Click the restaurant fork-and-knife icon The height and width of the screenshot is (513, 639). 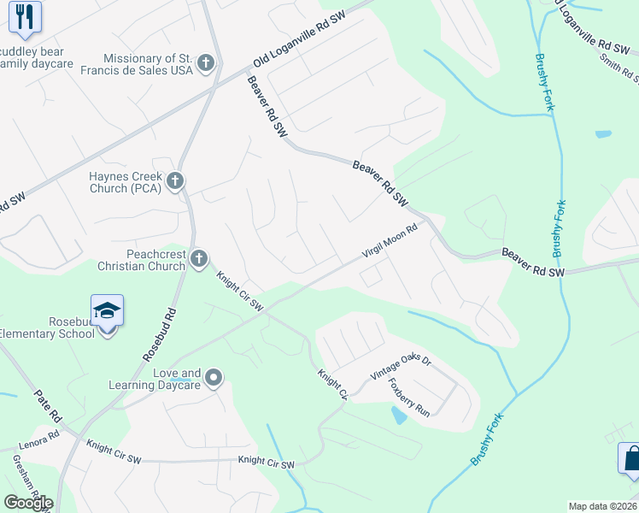25,16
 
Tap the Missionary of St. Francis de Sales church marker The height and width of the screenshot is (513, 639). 205,63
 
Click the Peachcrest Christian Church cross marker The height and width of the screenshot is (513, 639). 198,258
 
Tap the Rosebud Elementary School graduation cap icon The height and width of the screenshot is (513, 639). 108,310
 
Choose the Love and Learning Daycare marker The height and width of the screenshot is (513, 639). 214,377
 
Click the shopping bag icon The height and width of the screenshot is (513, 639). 630,458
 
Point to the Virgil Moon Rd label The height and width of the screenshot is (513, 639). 389,241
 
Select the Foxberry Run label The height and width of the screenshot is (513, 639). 408,398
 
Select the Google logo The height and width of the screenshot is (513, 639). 28,502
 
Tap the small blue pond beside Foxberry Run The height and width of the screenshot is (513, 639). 399,416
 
